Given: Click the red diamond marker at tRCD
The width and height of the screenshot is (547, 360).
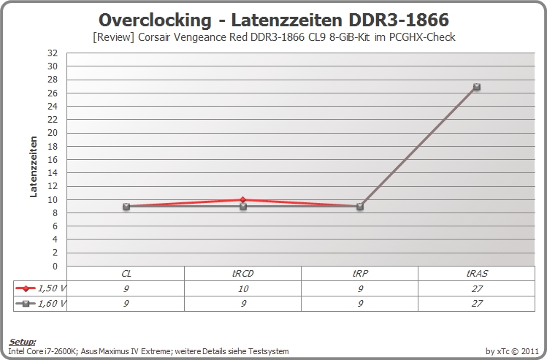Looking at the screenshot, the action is [x=243, y=199].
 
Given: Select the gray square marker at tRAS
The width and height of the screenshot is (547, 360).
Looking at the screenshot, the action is [x=477, y=87].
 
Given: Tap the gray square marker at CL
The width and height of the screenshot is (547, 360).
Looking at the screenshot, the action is [x=126, y=207].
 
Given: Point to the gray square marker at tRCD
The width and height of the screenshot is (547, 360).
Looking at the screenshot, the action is [x=243, y=207].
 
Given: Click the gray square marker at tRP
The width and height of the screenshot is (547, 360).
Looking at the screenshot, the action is [x=360, y=207].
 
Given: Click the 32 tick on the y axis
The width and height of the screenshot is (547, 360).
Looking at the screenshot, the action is [x=53, y=53].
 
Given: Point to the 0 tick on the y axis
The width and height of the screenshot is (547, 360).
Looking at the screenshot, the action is [x=55, y=266].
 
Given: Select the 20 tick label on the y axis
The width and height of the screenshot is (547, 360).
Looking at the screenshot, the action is [x=53, y=133].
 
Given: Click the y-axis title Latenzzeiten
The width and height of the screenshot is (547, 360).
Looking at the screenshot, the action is [x=34, y=166].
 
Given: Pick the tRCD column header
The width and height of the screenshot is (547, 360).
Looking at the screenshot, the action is [x=242, y=274].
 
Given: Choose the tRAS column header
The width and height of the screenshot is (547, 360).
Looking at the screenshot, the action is [x=477, y=274].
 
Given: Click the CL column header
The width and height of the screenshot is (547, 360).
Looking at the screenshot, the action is [x=126, y=274].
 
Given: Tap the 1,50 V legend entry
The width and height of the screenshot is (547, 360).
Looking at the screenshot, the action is [x=40, y=288].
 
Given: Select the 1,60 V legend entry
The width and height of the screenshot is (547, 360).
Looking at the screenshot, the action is [x=40, y=304].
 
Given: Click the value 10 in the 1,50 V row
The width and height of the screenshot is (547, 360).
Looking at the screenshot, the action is [x=243, y=289].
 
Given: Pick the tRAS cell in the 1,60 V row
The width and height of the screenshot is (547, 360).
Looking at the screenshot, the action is [x=477, y=304].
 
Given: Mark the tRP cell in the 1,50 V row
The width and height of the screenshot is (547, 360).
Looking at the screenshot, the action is [x=360, y=289].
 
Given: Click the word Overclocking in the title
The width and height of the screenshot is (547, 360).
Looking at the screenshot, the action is [x=155, y=20].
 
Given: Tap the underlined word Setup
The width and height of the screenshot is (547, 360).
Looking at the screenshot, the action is [x=22, y=342].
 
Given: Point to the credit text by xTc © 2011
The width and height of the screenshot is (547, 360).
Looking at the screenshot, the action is [x=512, y=351].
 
